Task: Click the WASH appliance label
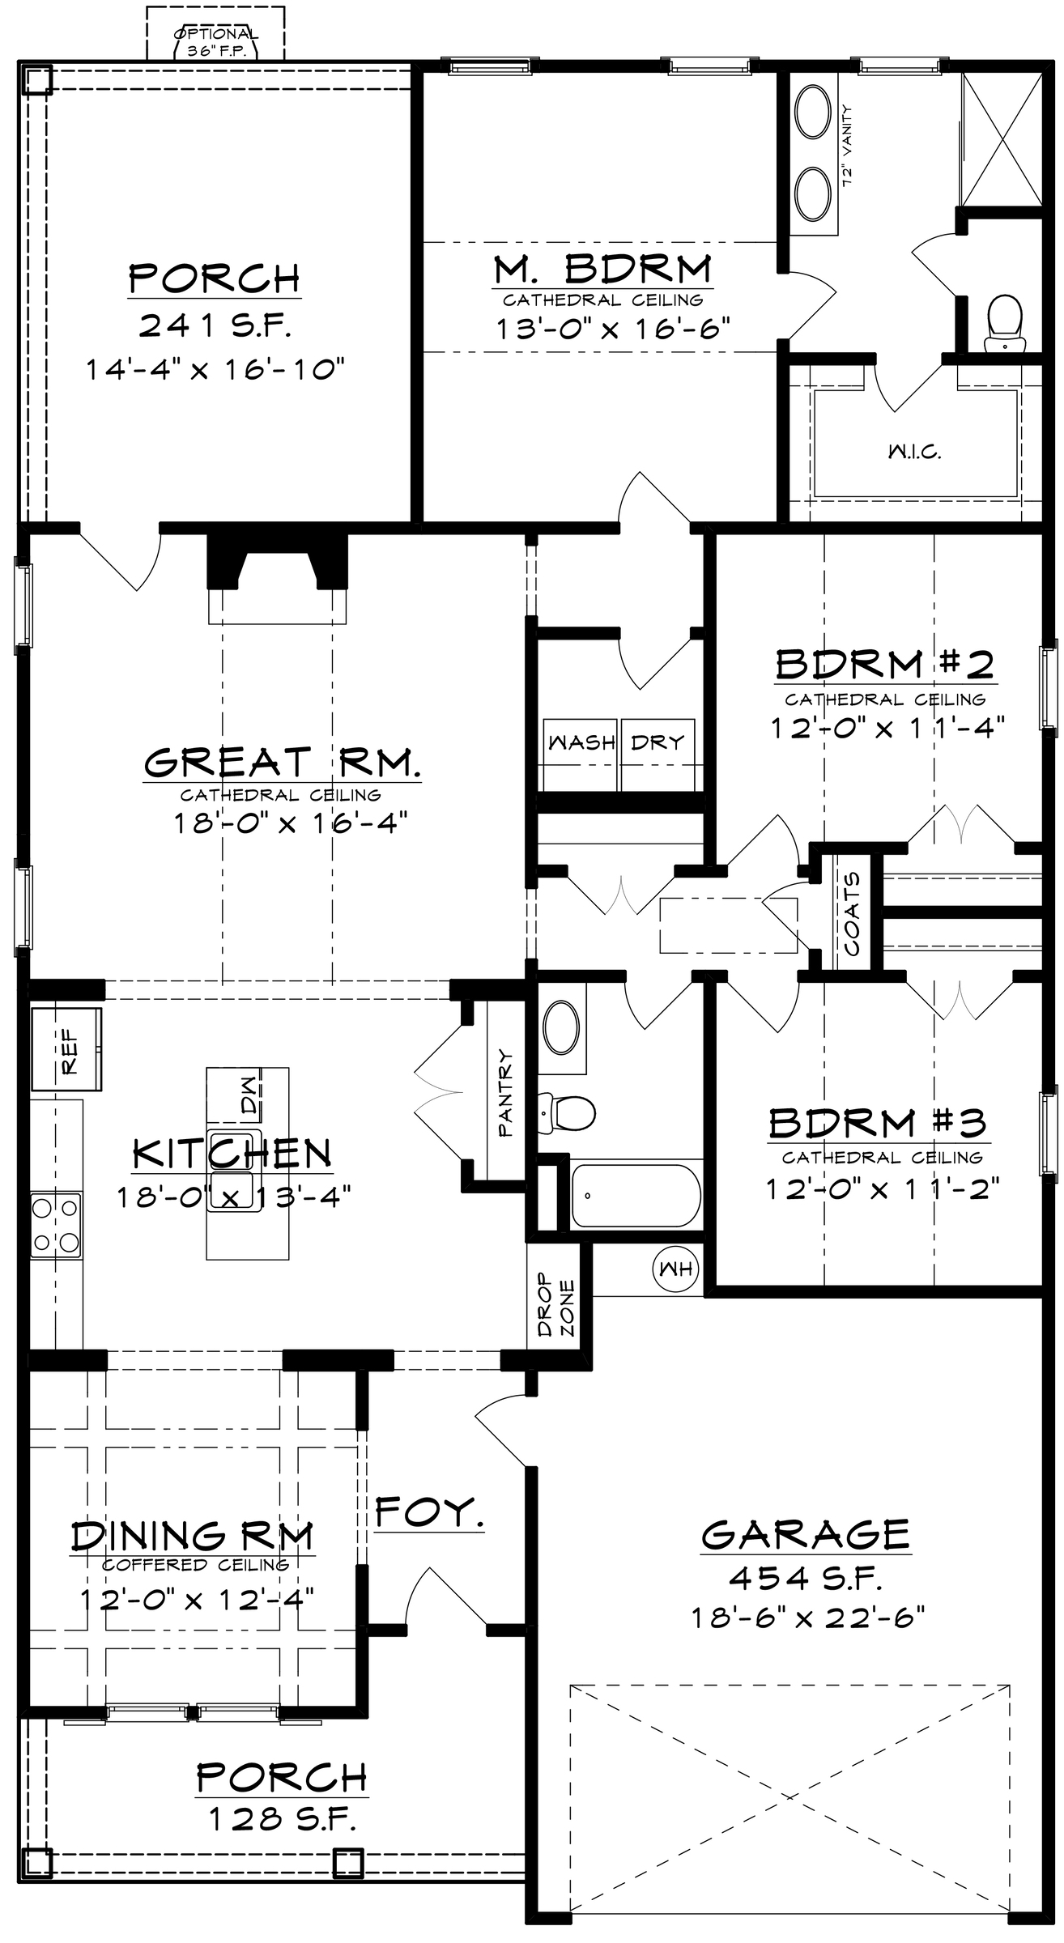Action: tap(581, 742)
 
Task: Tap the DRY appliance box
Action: tap(658, 755)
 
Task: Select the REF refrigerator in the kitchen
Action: tap(66, 1048)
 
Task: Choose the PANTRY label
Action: tap(506, 1093)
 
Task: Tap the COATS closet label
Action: tap(851, 914)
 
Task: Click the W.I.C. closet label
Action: tap(913, 452)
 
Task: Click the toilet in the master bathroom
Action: tap(1003, 322)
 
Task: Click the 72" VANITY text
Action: tap(848, 147)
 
